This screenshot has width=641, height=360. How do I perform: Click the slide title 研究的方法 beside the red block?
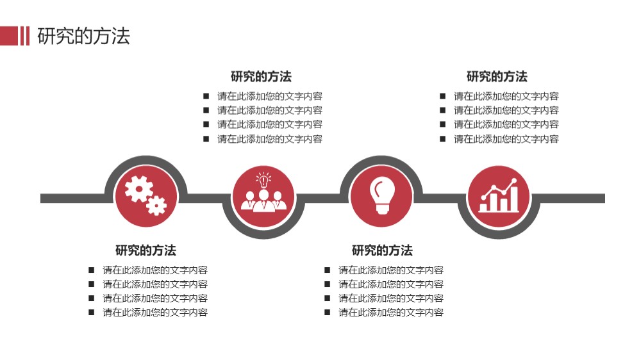[84, 36]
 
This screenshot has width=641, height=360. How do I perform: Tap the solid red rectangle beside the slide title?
[9, 36]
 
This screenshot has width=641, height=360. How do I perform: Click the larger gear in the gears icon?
[138, 189]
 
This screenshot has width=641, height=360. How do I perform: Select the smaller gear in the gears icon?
[156, 206]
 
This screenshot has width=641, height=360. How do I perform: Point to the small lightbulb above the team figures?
[263, 180]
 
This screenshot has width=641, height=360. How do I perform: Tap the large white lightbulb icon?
[382, 195]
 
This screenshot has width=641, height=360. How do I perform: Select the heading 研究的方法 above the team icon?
[261, 76]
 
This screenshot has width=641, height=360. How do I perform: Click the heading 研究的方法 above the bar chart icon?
[497, 76]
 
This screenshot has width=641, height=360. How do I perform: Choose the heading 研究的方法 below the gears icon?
[146, 250]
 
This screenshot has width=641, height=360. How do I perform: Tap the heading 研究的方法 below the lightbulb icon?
[382, 250]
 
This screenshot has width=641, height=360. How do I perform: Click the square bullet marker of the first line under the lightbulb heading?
[328, 270]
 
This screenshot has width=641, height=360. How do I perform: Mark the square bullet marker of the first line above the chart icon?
[443, 97]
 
